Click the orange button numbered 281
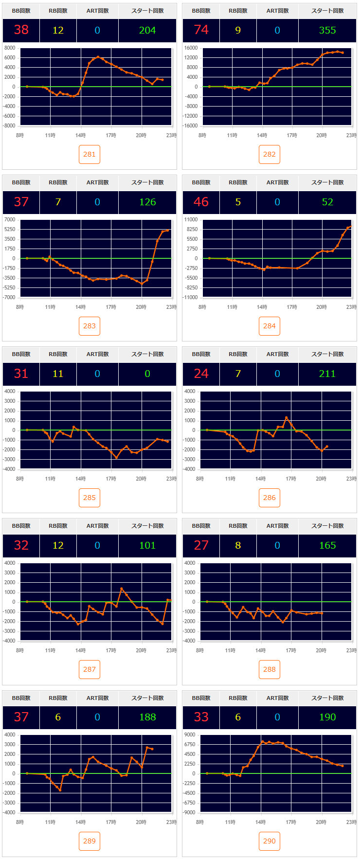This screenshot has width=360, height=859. coord(90,154)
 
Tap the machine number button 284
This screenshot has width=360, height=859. coord(270,326)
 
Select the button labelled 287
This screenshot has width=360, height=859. coord(90,669)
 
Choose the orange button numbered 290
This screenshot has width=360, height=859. coord(270,841)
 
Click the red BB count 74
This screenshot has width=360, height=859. coord(201,30)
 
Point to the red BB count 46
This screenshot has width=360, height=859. coord(201,202)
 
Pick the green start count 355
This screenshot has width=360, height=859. coord(327,30)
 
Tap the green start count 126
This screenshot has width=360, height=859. coord(147,202)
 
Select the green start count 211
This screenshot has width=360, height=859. coord(327,374)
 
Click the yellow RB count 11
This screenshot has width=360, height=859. coord(58,374)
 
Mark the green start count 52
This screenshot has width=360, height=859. coord(327,202)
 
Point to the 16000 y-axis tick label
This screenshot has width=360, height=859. coord(191,48)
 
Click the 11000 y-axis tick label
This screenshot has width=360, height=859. coord(191,219)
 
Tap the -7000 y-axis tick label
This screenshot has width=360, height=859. coord(10,297)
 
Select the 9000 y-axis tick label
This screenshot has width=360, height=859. coord(190,734)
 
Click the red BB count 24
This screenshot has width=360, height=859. coord(201,374)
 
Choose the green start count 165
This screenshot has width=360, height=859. coord(327,545)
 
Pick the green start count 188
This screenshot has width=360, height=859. coord(147,717)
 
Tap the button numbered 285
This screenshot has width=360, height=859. coord(90,498)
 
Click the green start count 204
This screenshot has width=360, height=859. coord(147,30)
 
